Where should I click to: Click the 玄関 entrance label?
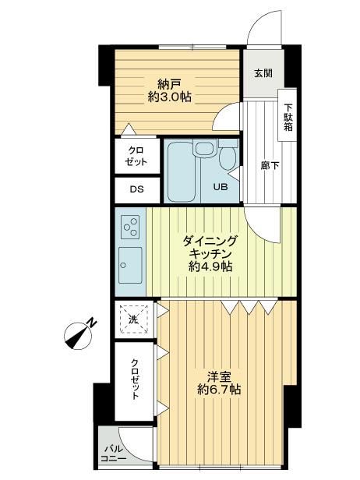click(263, 73)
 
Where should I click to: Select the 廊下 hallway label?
click(270, 166)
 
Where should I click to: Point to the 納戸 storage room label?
click(170, 82)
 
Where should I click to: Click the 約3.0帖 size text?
click(170, 97)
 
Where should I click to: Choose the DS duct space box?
click(136, 189)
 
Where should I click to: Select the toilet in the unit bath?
click(226, 157)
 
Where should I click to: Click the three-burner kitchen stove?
click(131, 227)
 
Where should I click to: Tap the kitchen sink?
click(129, 266)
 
